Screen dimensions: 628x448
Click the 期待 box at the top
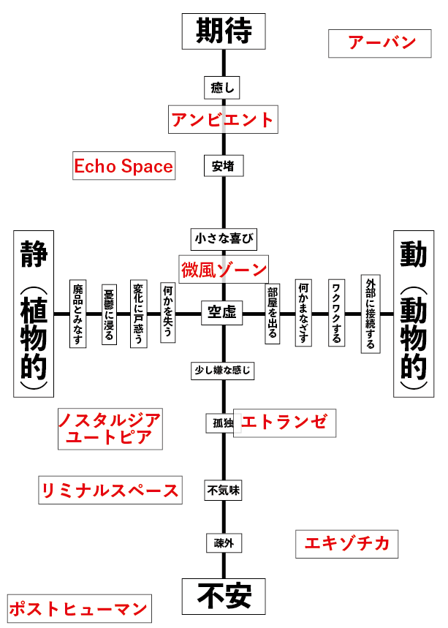coord(224,31)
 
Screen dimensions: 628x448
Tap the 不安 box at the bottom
coord(224,597)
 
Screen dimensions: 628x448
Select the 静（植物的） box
coord(31,314)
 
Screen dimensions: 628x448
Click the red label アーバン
coord(382,42)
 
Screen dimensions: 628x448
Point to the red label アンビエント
coord(222,119)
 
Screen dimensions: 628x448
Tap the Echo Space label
coord(124,166)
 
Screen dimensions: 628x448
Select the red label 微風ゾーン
coord(224,269)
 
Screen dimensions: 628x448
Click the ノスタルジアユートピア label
coord(110,428)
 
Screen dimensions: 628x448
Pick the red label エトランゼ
coord(286,422)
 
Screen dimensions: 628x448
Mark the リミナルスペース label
coord(110,490)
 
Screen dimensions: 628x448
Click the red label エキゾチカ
coord(347,544)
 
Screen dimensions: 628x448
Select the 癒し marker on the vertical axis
coord(222,88)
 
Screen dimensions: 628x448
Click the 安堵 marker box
coord(223,165)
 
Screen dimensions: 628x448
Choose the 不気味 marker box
coord(223,491)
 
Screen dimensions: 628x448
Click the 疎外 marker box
coord(223,542)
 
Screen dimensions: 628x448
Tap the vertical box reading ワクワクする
coord(336,313)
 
